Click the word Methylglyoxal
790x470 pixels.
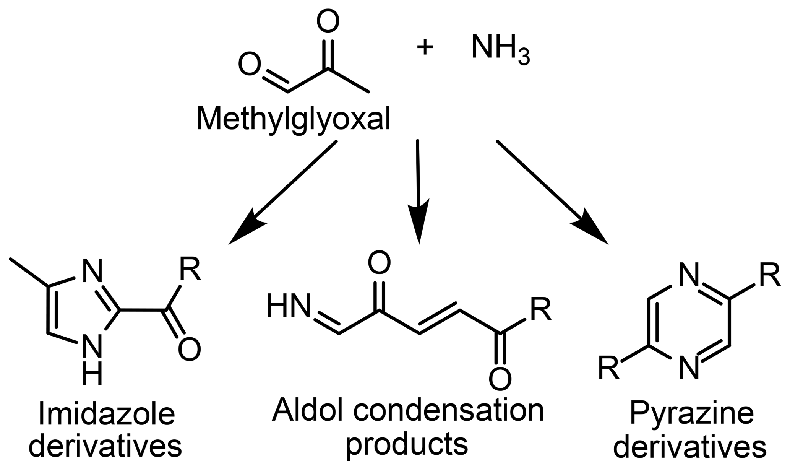pyautogui.click(x=293, y=119)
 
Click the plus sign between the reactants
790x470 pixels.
pyautogui.click(x=425, y=48)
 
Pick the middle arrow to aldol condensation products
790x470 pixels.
pyautogui.click(x=418, y=191)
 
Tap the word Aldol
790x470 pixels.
pyautogui.click(x=307, y=410)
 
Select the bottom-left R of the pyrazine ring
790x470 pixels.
pyautogui.click(x=609, y=368)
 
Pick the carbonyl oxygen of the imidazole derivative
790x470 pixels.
pyautogui.click(x=189, y=349)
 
